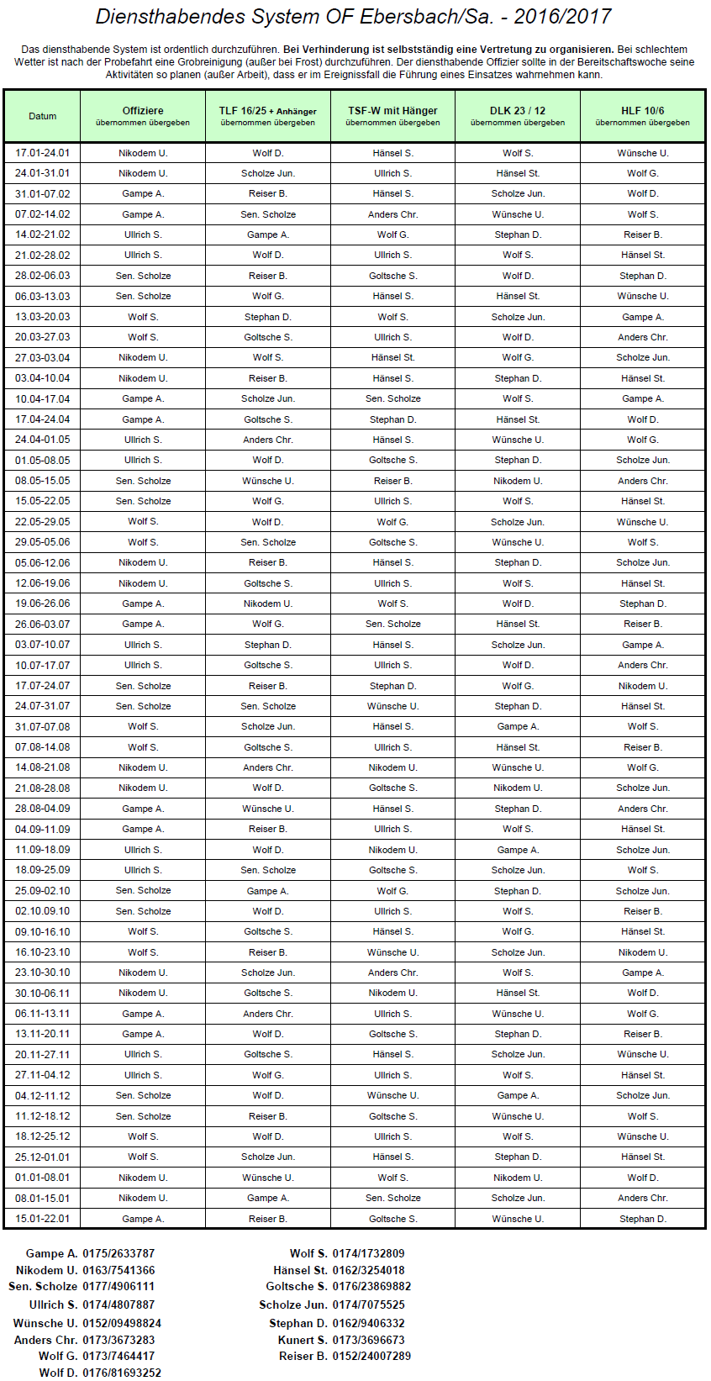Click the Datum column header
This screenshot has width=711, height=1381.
tap(42, 116)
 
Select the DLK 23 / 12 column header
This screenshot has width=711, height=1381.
tap(518, 111)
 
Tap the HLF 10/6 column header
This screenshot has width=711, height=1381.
tap(643, 111)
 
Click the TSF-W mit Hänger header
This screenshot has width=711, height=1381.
tap(392, 111)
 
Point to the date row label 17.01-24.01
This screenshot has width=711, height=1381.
tap(42, 153)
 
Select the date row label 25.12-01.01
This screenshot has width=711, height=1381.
tap(42, 1157)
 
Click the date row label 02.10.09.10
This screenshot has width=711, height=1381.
tap(42, 911)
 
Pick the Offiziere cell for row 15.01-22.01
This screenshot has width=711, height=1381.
tap(143, 1219)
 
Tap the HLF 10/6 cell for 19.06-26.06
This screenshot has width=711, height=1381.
tap(643, 604)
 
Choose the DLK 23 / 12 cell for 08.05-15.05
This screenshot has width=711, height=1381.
tap(518, 481)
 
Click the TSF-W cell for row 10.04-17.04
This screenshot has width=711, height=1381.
tap(392, 398)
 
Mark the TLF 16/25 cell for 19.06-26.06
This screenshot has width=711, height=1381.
tap(268, 604)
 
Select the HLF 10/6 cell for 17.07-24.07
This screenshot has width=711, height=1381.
tap(643, 686)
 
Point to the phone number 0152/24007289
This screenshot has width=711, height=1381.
tap(371, 1356)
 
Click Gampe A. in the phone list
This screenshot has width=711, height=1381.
tap(52, 1253)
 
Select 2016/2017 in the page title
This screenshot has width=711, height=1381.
tap(563, 17)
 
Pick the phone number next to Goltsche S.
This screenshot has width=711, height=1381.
tap(371, 1286)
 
